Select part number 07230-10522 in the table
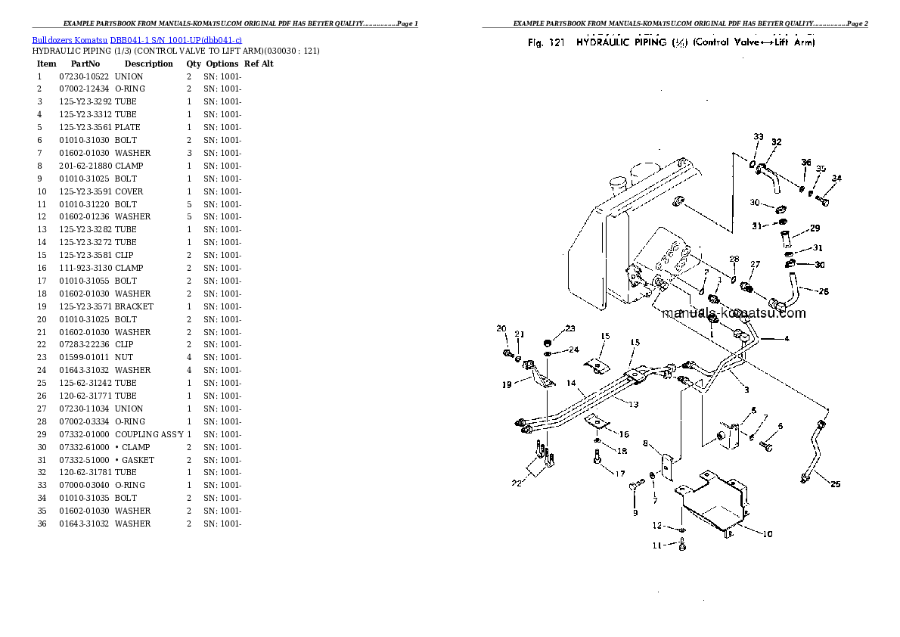[x=83, y=76]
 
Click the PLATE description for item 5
[x=128, y=127]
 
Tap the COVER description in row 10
[x=129, y=191]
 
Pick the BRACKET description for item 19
[x=134, y=306]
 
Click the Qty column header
[x=194, y=64]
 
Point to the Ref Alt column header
[x=259, y=64]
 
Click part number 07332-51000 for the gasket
[x=83, y=460]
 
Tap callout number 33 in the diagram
[x=759, y=137]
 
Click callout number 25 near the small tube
[x=835, y=484]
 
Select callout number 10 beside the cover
[x=767, y=534]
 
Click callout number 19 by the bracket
[x=506, y=384]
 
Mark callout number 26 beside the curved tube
[x=824, y=292]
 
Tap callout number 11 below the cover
[x=657, y=545]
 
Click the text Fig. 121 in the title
[x=547, y=42]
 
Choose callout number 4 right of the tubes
[x=787, y=338]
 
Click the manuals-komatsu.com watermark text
[x=734, y=313]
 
